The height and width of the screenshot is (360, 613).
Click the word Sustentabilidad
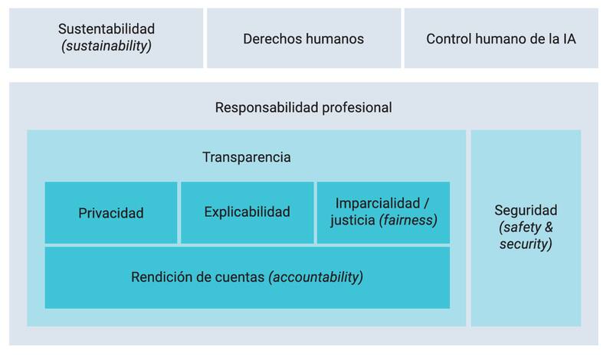coord(107,29)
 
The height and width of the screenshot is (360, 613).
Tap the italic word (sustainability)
coord(107,46)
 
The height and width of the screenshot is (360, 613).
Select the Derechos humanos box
coord(303,38)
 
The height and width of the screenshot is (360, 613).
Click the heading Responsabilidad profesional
coord(303,107)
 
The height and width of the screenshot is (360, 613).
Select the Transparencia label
coord(246,158)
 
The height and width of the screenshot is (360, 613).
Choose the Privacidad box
coord(111,213)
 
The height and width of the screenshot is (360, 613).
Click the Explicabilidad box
coord(247,212)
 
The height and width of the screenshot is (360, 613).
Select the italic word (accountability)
coord(316,277)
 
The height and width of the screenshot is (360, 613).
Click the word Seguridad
coord(526,210)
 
